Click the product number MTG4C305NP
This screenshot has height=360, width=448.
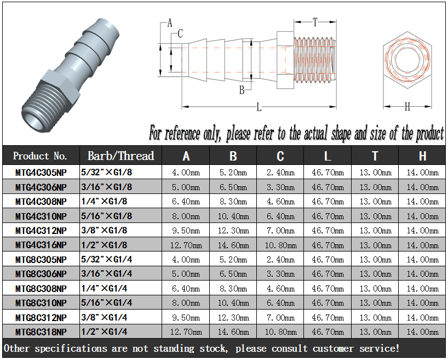point(41,173)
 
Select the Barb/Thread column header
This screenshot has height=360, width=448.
point(120,156)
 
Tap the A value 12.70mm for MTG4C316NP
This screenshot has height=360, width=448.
point(186,245)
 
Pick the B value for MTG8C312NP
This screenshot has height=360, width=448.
point(233,317)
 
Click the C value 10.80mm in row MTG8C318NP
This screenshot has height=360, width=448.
point(280,332)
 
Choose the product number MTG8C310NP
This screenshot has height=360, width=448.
point(41,302)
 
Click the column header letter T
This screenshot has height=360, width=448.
point(375,156)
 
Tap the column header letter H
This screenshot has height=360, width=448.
point(422,156)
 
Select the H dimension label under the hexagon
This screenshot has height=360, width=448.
point(407,107)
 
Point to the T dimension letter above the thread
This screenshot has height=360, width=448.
point(315,22)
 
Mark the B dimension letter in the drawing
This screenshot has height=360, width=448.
point(242,90)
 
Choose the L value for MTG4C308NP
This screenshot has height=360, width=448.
point(328,202)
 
